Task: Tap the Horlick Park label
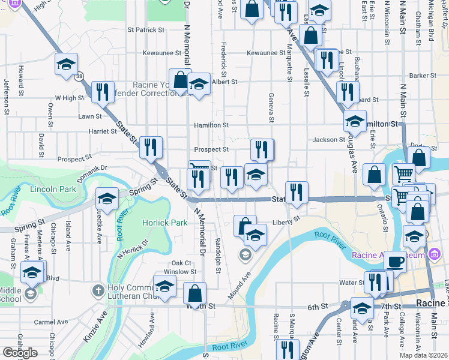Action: click(x=164, y=223)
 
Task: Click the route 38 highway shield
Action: click(x=79, y=76)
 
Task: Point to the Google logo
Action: click(x=20, y=353)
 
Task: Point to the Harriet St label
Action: click(x=103, y=131)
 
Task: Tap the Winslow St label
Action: click(x=176, y=272)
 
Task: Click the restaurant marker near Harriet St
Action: click(x=151, y=147)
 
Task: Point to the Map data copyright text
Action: click(x=423, y=355)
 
